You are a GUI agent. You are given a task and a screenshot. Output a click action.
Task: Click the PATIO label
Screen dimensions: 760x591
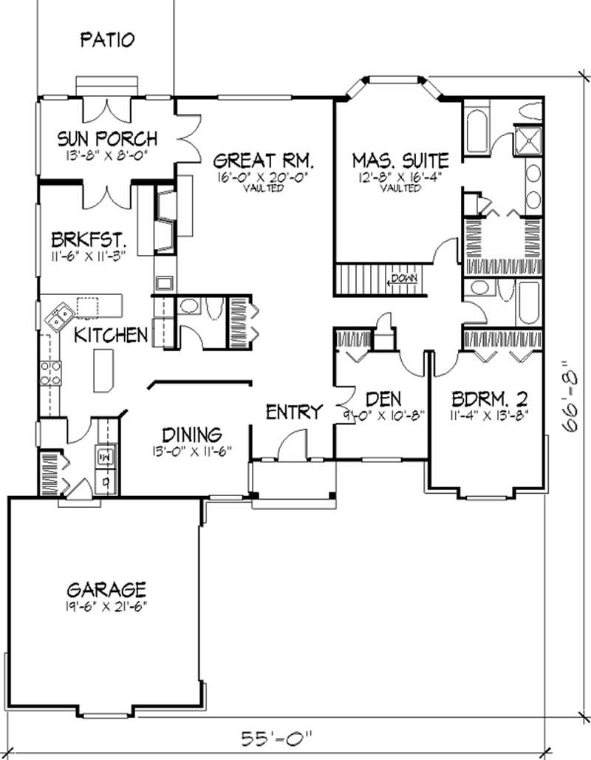(107, 39)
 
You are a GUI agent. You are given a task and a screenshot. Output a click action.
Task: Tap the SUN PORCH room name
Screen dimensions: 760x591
(108, 138)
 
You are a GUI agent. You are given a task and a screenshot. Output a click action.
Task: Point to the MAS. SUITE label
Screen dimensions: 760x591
(400, 160)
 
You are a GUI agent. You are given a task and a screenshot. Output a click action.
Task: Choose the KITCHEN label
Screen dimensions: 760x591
(111, 335)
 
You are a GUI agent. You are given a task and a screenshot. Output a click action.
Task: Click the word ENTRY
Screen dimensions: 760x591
(294, 412)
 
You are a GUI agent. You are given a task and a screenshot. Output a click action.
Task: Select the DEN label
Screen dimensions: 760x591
(383, 398)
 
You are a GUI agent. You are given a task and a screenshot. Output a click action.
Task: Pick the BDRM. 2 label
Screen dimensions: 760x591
(490, 399)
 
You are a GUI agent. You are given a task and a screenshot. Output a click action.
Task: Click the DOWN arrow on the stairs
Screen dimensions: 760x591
(404, 278)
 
